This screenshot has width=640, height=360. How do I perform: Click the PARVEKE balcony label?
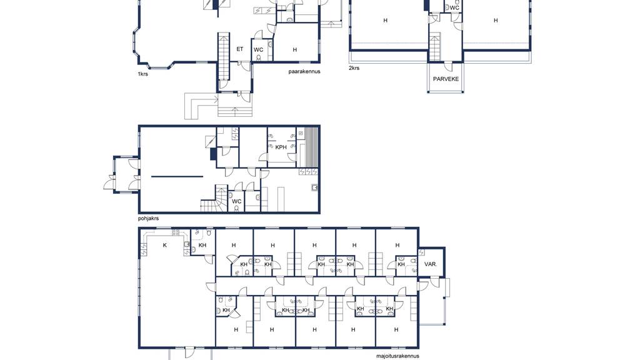(446, 79)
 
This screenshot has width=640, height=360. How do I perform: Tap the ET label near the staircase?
(239, 49)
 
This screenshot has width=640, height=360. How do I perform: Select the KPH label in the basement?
(281, 147)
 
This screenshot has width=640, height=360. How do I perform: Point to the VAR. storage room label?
(431, 264)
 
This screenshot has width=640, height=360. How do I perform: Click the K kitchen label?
(165, 245)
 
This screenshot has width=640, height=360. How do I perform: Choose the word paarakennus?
(304, 71)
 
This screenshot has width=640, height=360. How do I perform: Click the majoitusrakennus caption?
(397, 356)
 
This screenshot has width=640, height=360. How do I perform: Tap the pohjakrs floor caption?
(148, 218)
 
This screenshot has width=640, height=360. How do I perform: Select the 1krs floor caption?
(143, 74)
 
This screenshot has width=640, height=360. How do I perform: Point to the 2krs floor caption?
(354, 67)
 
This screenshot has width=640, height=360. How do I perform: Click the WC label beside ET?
(258, 50)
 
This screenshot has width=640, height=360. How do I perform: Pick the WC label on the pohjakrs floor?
(237, 201)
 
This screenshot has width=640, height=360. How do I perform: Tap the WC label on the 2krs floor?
(454, 7)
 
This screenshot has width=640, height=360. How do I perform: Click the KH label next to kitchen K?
(202, 245)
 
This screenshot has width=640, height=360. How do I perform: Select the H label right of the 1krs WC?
(295, 50)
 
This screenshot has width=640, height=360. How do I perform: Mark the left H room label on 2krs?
(385, 21)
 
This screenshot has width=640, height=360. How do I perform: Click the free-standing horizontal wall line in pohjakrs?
(177, 177)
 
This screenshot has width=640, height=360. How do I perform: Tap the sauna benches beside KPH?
(312, 147)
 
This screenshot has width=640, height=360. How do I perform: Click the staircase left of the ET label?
(224, 56)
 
